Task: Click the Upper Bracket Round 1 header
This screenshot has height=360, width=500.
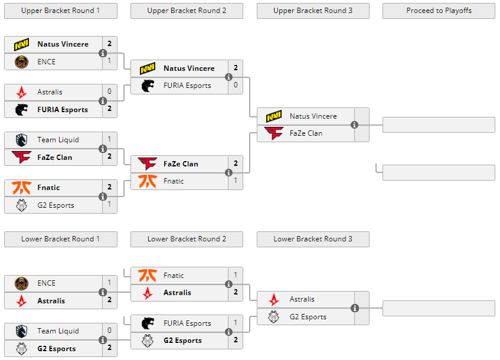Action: (x=60, y=11)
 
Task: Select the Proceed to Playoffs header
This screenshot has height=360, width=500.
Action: (x=439, y=11)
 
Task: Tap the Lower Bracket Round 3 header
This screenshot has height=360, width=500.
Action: (x=313, y=239)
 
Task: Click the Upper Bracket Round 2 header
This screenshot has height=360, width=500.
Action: (x=187, y=11)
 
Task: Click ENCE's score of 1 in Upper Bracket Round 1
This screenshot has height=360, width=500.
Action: (x=109, y=61)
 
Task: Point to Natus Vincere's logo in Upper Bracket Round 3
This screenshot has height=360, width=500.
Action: (x=274, y=116)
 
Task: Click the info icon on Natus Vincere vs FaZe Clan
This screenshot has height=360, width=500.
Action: (x=354, y=125)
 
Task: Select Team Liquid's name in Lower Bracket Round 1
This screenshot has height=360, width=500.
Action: (x=58, y=331)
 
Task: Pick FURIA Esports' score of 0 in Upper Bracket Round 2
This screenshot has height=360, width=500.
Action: (x=236, y=86)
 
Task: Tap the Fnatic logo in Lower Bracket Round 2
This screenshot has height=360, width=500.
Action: (x=148, y=276)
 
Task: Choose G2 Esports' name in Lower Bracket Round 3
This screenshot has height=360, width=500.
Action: (x=308, y=317)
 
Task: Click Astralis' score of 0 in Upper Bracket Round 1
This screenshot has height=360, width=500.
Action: (x=109, y=92)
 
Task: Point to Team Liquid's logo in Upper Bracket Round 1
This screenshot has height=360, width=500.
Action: (x=22, y=140)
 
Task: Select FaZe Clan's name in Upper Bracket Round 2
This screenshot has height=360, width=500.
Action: (x=181, y=164)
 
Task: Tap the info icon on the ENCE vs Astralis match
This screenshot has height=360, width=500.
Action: (x=103, y=292)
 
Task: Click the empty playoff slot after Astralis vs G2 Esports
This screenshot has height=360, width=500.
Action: (x=439, y=308)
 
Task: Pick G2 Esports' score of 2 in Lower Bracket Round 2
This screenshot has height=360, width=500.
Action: (x=236, y=341)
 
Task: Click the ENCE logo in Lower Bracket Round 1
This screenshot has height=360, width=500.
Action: (x=22, y=283)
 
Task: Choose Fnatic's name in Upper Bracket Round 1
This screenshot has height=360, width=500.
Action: (x=48, y=188)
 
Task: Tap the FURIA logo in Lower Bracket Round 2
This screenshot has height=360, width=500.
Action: (x=148, y=323)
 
